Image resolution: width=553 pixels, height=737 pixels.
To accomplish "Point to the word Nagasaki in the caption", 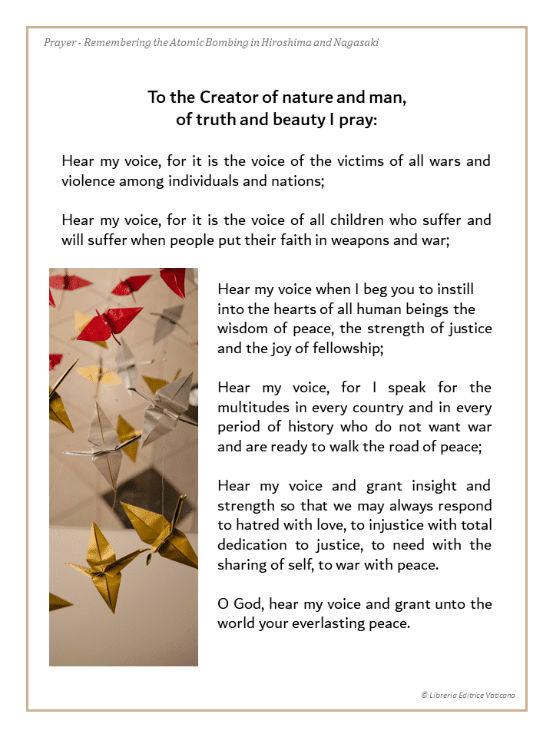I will (x=356, y=42).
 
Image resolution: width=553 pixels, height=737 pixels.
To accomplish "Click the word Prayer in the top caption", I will (x=60, y=42).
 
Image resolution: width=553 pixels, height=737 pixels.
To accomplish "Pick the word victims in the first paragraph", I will (x=379, y=161).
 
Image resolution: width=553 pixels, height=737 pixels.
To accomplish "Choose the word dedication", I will (x=254, y=544).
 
